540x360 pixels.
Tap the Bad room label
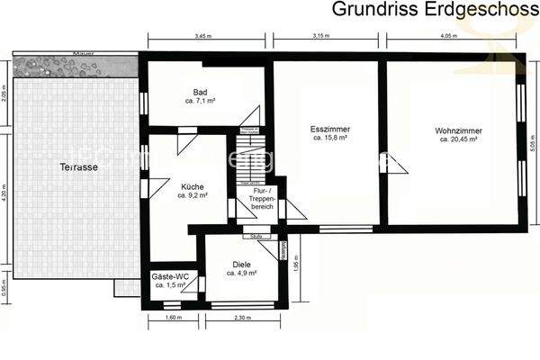[200, 93]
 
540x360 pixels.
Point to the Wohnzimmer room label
[455, 130]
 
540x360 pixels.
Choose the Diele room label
[241, 265]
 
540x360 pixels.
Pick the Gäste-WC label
[169, 275]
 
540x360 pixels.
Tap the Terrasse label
[78, 168]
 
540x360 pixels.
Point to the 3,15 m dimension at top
[324, 36]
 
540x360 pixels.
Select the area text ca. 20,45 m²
[455, 140]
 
